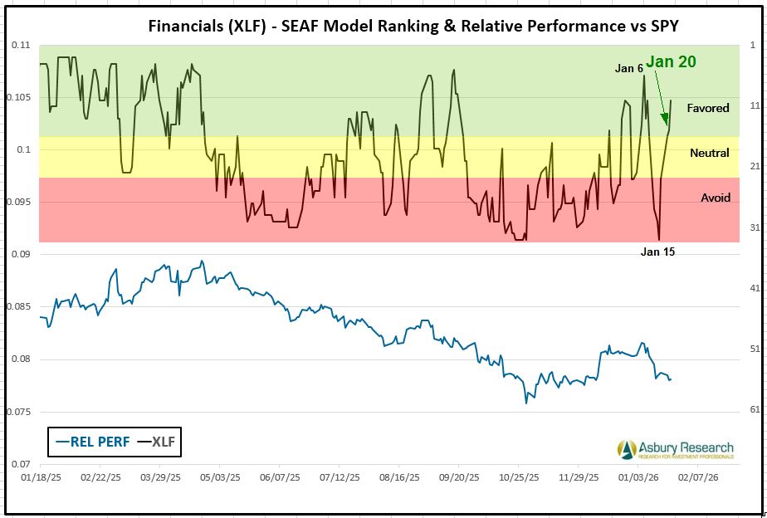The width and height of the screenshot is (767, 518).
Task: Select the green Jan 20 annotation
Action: coord(671,61)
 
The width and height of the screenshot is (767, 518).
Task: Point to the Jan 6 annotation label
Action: coord(628,68)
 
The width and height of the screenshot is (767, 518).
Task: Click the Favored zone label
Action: coord(708,108)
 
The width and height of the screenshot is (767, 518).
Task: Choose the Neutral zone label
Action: coord(710,153)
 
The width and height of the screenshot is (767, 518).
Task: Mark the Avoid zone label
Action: coord(716,198)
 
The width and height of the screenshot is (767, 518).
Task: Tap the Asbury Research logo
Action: coord(676,450)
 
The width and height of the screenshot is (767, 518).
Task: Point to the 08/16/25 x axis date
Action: coord(399,478)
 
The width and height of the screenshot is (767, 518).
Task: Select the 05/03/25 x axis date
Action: coord(219,478)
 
